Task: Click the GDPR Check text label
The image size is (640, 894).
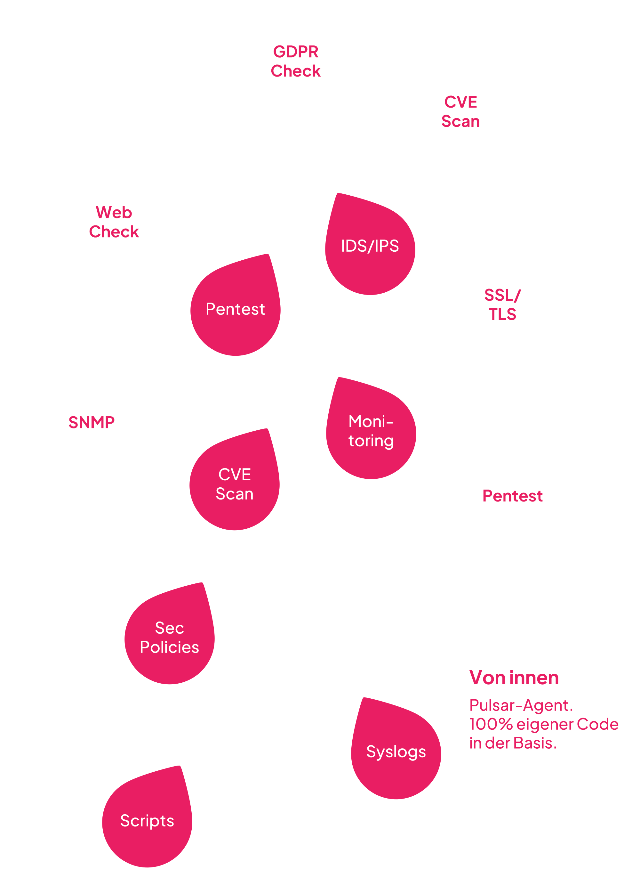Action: coord(295,61)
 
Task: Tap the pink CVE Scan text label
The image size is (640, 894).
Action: coord(460,111)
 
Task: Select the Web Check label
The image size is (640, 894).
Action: coord(114,222)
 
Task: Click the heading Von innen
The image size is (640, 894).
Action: coord(514,678)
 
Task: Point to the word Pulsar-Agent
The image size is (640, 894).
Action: coord(521,705)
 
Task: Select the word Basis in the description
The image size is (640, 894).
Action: coord(534,743)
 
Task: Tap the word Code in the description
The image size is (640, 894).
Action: coord(597,724)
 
